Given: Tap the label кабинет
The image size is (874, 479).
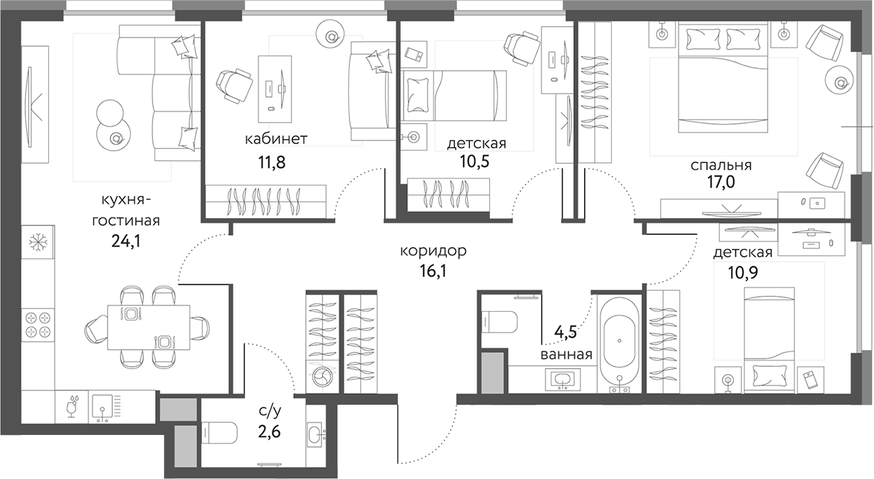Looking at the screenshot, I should point(276,139).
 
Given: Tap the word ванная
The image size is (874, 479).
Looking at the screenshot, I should point(567,355).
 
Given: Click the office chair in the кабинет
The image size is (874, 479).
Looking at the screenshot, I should point(234,85).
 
